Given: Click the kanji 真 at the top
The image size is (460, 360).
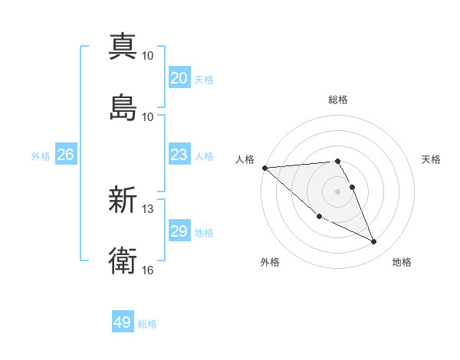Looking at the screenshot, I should point(123,46).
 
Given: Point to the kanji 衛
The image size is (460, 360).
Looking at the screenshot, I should point(123,260).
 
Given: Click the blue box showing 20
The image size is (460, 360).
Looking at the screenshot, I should point(179,78).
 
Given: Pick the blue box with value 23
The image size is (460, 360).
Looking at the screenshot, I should point(179,155).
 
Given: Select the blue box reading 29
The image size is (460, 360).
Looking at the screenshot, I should point(179,231).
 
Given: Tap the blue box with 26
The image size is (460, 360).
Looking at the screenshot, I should point(65,155).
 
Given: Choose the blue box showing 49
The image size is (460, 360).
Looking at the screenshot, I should point(123,322).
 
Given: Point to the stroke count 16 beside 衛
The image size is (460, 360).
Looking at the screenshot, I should point(149,270).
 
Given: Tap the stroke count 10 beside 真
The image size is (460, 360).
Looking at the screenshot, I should point(148,55).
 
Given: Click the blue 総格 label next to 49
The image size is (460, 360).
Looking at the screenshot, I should point(147,324).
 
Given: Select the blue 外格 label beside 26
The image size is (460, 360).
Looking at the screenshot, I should point(41,156).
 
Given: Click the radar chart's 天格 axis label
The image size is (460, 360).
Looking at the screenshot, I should point(431,159).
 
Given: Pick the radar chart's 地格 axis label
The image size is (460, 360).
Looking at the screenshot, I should point(402,262).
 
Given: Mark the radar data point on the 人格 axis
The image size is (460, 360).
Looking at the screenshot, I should point(264,168).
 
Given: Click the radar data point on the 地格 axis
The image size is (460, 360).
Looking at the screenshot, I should point(373,242).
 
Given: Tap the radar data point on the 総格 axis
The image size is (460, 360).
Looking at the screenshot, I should point(337,162).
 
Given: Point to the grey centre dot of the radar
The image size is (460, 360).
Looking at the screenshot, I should point(337,191).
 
